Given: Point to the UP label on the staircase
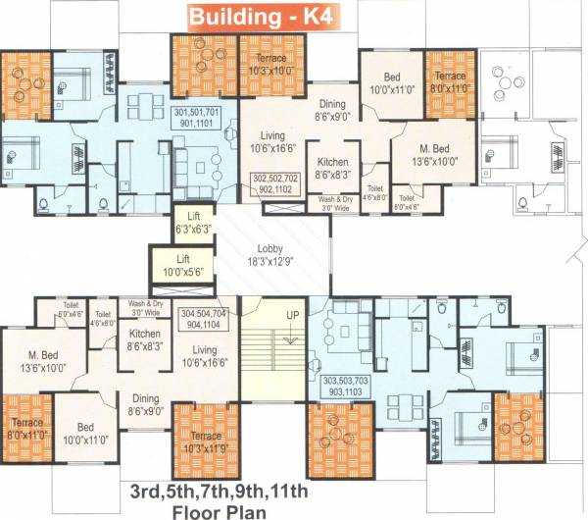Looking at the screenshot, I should coord(292,315).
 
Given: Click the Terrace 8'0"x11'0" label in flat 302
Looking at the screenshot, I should coord(450,81).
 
